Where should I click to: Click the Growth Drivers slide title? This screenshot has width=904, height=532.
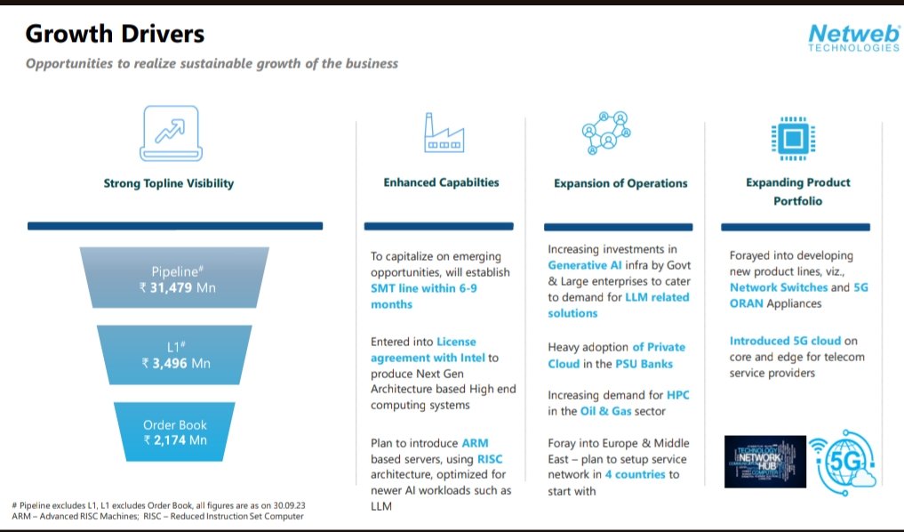[115, 35]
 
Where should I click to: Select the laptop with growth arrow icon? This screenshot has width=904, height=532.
[168, 132]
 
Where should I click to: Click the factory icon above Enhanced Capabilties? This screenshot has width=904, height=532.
[442, 133]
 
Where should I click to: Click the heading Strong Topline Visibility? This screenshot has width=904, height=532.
[169, 183]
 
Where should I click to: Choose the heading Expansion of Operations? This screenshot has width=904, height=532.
[620, 183]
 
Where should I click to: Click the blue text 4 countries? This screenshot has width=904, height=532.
[635, 474]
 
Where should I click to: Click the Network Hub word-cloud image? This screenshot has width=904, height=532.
[764, 461]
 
